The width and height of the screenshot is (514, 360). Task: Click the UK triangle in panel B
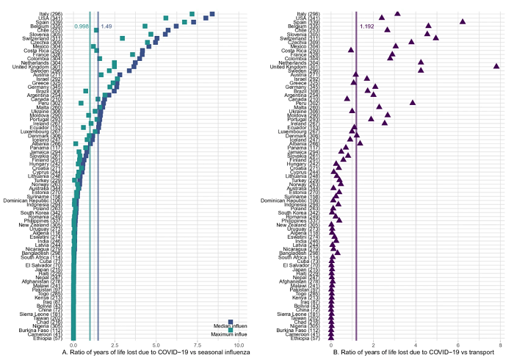pos(496,66)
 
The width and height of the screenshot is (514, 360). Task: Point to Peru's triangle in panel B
pos(413,103)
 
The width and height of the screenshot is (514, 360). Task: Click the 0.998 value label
pos(82,26)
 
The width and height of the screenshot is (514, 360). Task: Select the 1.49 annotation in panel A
pos(106,26)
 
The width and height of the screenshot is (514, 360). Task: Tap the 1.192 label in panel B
pos(367,26)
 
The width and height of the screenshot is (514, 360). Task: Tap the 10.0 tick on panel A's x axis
pos(239,345)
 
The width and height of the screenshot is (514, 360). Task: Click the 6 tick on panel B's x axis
pos(458,345)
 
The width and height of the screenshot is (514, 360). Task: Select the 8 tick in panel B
pos(500,345)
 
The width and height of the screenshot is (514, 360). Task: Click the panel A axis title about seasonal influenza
pos(156,353)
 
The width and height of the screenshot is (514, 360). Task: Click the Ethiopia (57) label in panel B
pos(311,338)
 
